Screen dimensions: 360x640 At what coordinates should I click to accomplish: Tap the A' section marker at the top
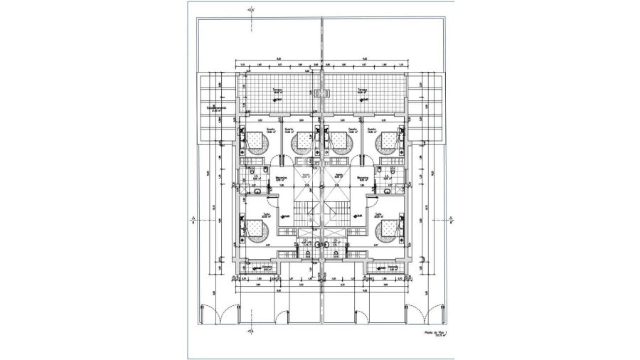tap(250, 10)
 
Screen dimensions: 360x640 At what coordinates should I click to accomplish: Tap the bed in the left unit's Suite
tap(255, 228)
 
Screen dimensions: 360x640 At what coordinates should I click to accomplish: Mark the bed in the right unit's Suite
tap(387, 228)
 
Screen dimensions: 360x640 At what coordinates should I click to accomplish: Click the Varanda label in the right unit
tap(393, 268)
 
